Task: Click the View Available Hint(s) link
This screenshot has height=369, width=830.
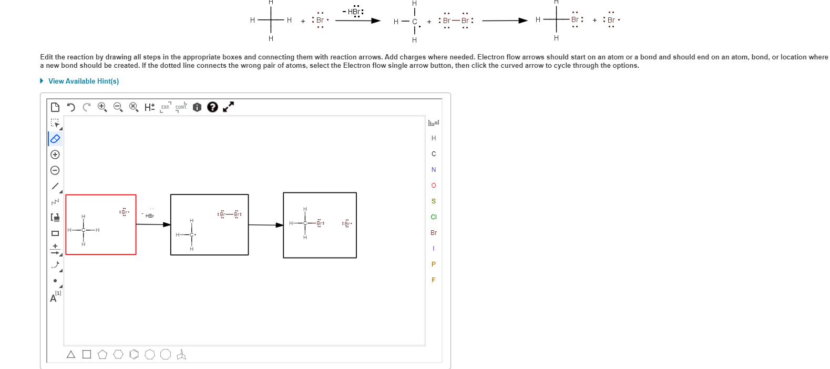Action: pyautogui.click(x=83, y=81)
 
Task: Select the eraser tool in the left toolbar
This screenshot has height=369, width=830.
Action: pyautogui.click(x=55, y=139)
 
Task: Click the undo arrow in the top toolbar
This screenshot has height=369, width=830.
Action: pyautogui.click(x=71, y=107)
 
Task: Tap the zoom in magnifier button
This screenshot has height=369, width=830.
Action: pyautogui.click(x=103, y=107)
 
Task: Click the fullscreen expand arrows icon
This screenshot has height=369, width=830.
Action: pyautogui.click(x=228, y=107)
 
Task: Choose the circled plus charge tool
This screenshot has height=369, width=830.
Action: pyautogui.click(x=55, y=155)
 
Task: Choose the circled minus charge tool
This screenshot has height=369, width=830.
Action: pyautogui.click(x=55, y=170)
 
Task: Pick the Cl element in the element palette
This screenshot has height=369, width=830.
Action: pyautogui.click(x=434, y=217)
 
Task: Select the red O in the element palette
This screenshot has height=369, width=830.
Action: pyautogui.click(x=434, y=186)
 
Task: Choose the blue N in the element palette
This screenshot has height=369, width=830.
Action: pyautogui.click(x=434, y=170)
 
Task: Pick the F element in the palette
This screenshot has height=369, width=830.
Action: pyautogui.click(x=434, y=280)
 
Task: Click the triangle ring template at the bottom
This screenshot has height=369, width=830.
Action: pyautogui.click(x=71, y=355)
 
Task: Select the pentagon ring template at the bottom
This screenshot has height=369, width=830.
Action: pyautogui.click(x=103, y=355)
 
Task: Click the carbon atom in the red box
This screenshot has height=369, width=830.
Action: pyautogui.click(x=83, y=230)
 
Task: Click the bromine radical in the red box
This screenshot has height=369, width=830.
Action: pyautogui.click(x=125, y=212)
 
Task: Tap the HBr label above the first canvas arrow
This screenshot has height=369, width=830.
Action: pyautogui.click(x=150, y=216)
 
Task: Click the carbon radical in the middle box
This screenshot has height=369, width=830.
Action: pyautogui.click(x=192, y=234)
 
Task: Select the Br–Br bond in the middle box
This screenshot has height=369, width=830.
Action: pyautogui.click(x=230, y=214)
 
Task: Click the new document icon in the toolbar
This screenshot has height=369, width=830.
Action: pyautogui.click(x=55, y=107)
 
